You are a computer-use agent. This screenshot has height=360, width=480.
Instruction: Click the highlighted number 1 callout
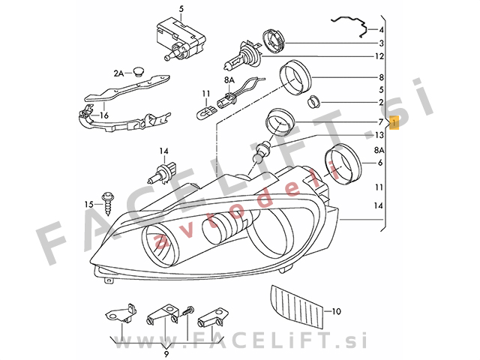pyautogui.click(x=394, y=123)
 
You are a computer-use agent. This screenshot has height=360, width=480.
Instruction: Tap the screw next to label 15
pyautogui.click(x=108, y=203)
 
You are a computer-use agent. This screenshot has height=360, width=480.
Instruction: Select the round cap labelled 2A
pyautogui.click(x=139, y=71)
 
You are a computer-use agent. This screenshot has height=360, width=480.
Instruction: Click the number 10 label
pyautogui.click(x=336, y=312)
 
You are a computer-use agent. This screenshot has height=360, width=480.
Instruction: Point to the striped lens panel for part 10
pyautogui.click(x=296, y=306)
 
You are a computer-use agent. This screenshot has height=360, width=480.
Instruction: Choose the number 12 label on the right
pyautogui.click(x=379, y=57)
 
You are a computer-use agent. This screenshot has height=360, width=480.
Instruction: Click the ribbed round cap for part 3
pyautogui.click(x=274, y=40)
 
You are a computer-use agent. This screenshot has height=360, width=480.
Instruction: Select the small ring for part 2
pyautogui.click(x=313, y=102)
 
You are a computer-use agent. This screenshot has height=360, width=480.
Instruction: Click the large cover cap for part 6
pyautogui.click(x=343, y=163)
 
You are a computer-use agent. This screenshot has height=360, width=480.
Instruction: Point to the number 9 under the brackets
pyautogui.click(x=166, y=354)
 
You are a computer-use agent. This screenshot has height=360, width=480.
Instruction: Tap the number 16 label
pyautogui.click(x=104, y=115)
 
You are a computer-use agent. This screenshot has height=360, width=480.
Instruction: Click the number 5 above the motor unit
pyautogui.click(x=181, y=9)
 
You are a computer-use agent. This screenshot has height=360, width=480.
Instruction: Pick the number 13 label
pyautogui.click(x=379, y=135)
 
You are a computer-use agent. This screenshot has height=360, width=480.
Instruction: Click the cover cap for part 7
pyautogui.click(x=279, y=121)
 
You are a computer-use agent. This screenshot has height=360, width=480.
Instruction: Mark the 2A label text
pyautogui.click(x=118, y=73)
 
